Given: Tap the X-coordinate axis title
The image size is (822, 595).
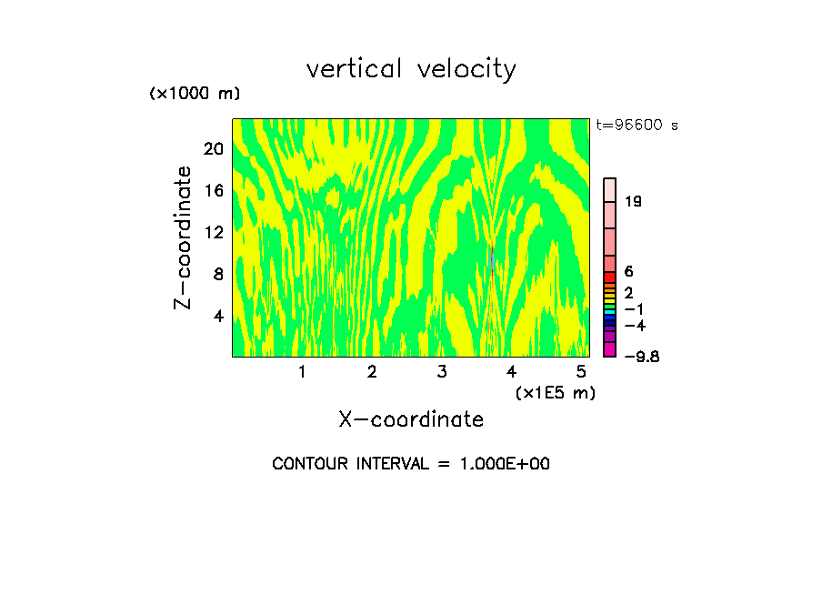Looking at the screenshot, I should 411,419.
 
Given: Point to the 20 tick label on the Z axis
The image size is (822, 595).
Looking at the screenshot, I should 213,149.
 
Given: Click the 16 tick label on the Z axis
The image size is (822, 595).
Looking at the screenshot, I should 213,191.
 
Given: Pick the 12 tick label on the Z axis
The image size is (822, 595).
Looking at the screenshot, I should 213,233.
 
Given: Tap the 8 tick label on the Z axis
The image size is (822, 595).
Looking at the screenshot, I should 217,274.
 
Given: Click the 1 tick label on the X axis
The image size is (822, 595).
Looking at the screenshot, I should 302,372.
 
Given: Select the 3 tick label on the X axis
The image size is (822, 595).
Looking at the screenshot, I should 442,372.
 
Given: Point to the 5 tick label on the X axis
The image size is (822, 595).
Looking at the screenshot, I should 581,372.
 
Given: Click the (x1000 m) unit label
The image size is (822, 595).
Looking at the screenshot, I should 195,94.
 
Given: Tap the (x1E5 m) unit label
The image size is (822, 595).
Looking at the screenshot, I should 555,392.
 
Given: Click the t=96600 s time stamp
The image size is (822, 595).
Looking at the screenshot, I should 637,126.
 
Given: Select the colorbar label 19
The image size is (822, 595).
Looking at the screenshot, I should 634,201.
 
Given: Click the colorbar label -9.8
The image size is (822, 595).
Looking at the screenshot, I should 641,356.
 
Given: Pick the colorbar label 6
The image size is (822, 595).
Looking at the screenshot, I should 628,272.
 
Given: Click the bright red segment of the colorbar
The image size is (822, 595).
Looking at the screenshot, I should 610,277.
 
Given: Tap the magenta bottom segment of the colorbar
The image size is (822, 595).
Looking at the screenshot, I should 610,349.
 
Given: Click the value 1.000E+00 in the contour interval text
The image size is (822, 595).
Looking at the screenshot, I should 505,464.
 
